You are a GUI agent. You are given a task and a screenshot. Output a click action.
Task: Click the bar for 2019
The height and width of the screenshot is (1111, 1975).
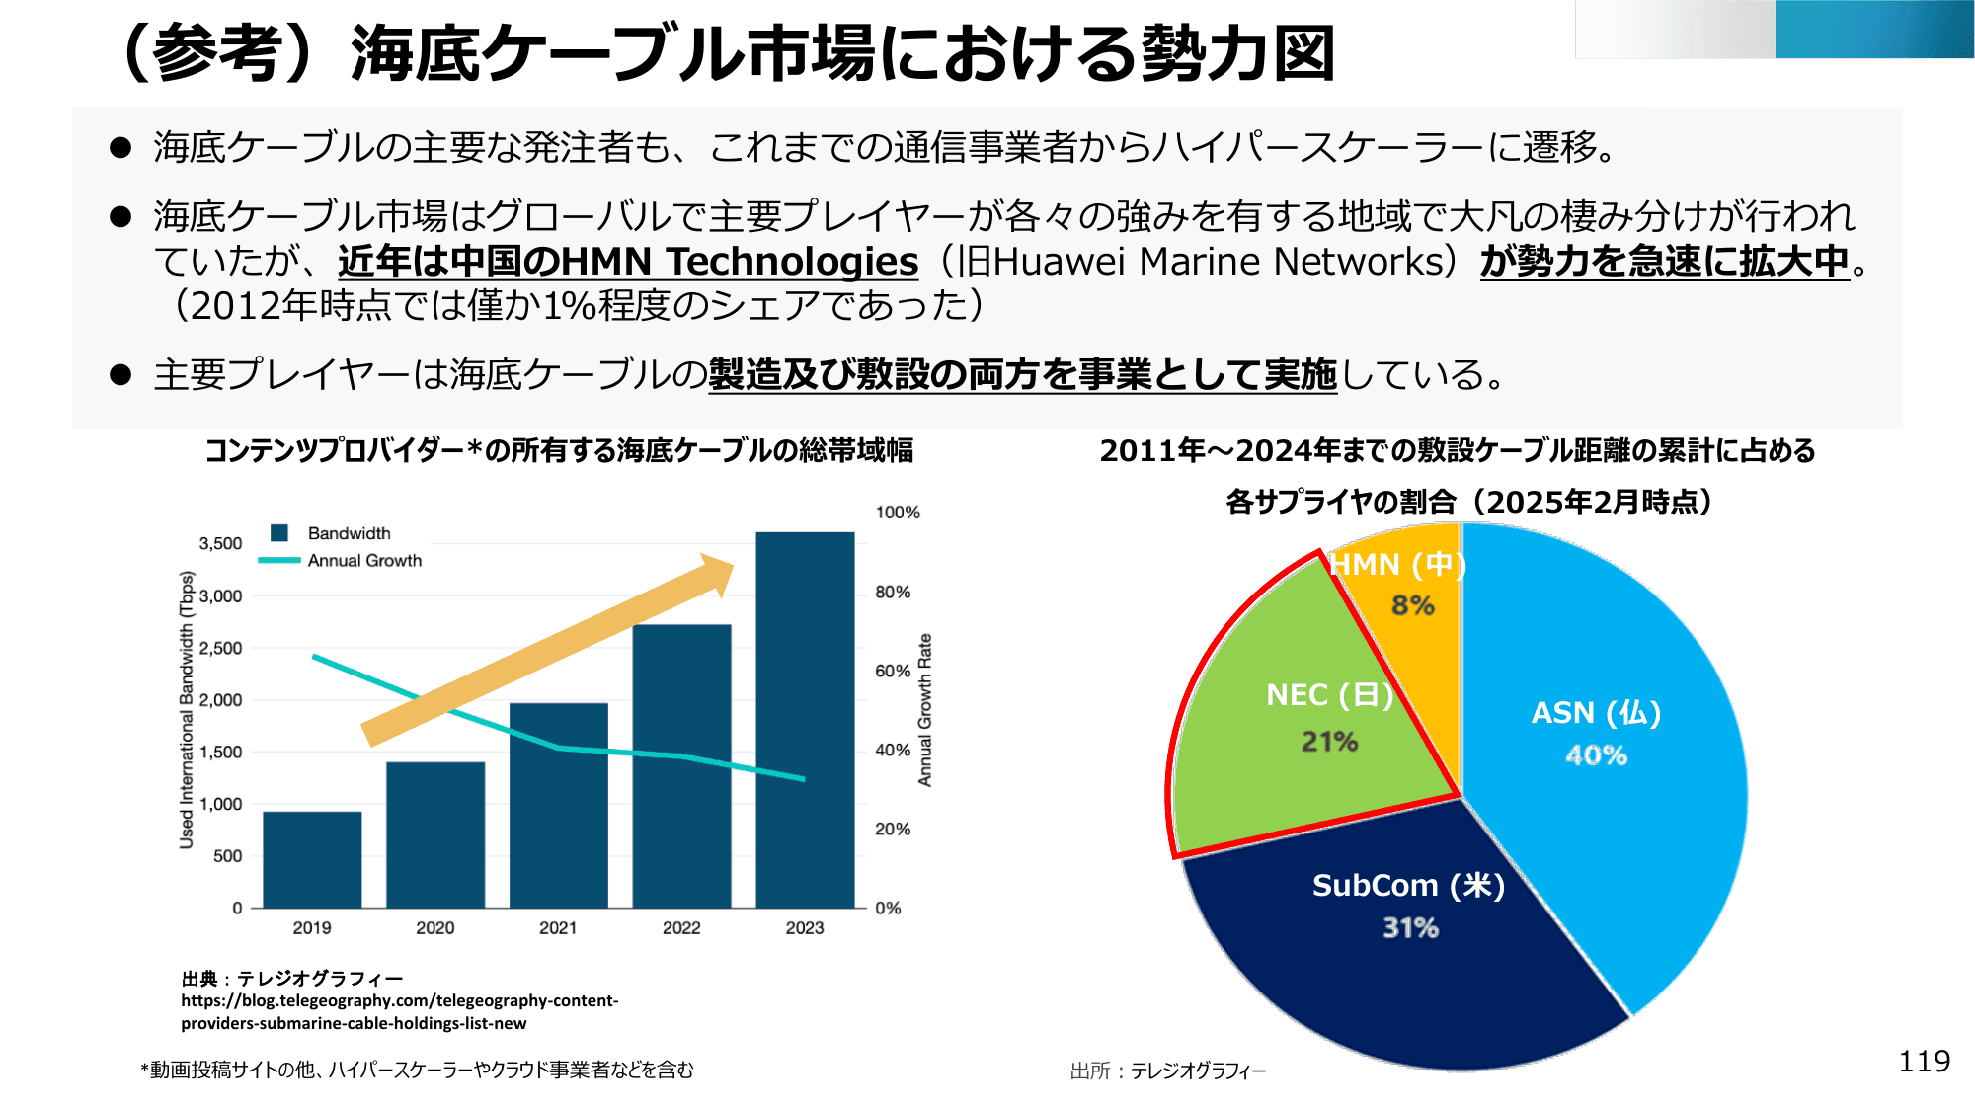pyautogui.click(x=312, y=859)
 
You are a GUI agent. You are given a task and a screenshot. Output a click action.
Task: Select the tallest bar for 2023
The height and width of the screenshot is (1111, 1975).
pyautogui.click(x=805, y=721)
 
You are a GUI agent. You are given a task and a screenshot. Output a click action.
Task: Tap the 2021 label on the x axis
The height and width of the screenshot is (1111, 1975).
pyautogui.click(x=558, y=928)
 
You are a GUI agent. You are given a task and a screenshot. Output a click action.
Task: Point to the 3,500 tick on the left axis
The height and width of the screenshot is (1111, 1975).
pyautogui.click(x=220, y=544)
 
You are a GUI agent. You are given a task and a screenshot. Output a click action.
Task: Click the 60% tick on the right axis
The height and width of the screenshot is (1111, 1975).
pyautogui.click(x=893, y=672)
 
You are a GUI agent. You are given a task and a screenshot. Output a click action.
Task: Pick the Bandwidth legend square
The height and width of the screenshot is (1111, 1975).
pyautogui.click(x=279, y=533)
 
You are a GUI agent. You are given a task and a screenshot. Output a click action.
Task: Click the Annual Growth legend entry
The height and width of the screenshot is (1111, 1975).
pyautogui.click(x=363, y=561)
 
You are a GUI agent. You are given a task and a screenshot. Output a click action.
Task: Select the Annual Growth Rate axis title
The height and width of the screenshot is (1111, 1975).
pyautogui.click(x=925, y=711)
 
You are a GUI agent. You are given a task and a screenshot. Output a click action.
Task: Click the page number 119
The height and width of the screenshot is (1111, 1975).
pyautogui.click(x=1924, y=1062)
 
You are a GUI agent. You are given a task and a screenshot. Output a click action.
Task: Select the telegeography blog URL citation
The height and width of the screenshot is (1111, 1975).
pyautogui.click(x=399, y=1012)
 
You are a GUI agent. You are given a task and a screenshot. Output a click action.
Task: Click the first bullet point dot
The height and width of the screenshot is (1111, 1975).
pyautogui.click(x=120, y=148)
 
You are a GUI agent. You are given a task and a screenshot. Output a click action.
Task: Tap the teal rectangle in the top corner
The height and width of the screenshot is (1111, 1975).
pyautogui.click(x=1873, y=30)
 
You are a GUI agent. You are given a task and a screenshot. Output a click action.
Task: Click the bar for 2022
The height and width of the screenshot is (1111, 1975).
pyautogui.click(x=681, y=765)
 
